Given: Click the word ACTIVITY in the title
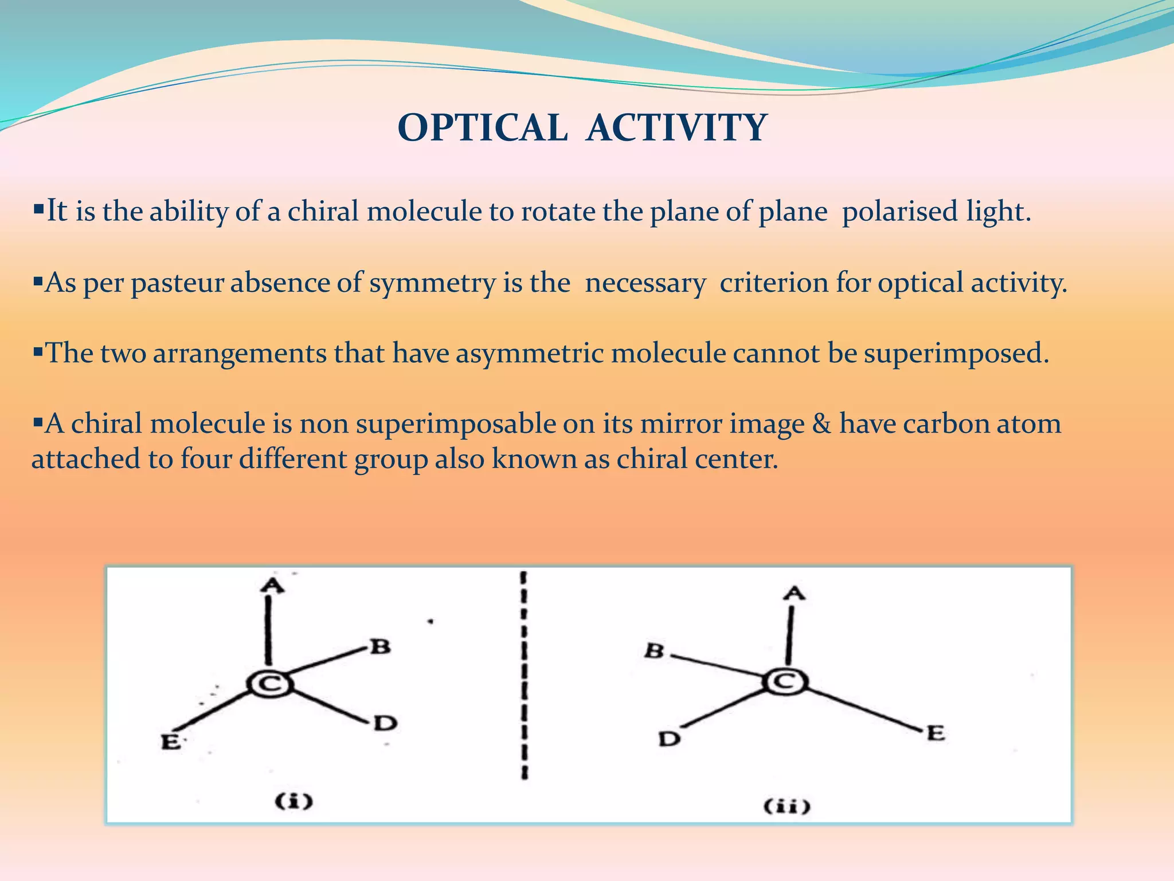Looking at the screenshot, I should click(x=676, y=127).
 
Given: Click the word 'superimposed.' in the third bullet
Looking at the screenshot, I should click(x=956, y=353).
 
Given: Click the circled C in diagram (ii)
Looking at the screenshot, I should click(x=785, y=682).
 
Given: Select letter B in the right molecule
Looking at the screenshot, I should click(x=654, y=652).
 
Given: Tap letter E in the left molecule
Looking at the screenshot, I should click(x=170, y=741).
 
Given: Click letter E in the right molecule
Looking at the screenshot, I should click(x=935, y=733).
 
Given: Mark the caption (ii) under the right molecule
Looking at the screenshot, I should click(x=787, y=806).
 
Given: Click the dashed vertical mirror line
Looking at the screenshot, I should click(x=525, y=677).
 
